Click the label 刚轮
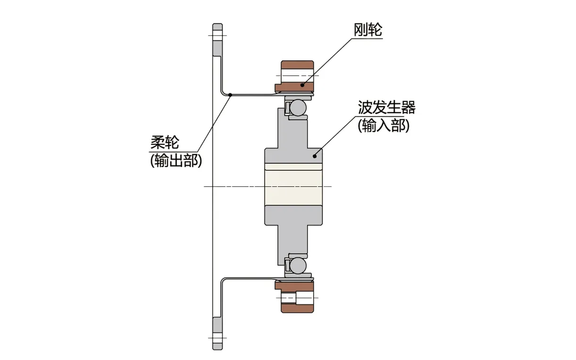click(x=367, y=30)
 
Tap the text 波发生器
click(x=386, y=108)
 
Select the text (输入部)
click(x=383, y=126)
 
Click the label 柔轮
click(x=165, y=142)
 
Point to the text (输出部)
click(x=176, y=160)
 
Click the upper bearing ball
click(x=298, y=108)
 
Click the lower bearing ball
click(x=298, y=266)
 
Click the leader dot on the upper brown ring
click(x=302, y=85)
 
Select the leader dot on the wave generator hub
click(x=315, y=154)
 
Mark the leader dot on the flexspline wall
click(x=230, y=95)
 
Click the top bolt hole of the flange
click(x=217, y=35)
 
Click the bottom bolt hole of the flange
click(x=217, y=338)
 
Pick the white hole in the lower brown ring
click(x=297, y=298)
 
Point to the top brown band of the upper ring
click(x=297, y=65)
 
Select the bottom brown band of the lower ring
click(x=297, y=308)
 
